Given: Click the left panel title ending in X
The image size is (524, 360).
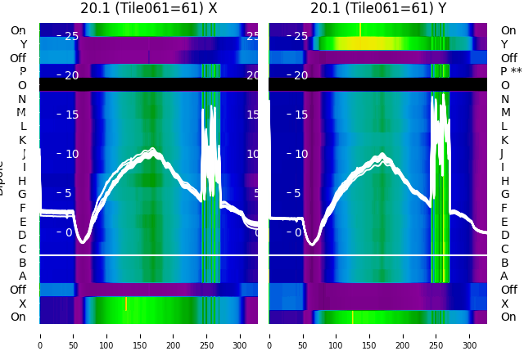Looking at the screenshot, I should click(148, 8).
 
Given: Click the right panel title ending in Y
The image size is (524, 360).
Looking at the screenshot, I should click(378, 8).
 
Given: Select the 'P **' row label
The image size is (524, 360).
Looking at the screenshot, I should click(511, 71).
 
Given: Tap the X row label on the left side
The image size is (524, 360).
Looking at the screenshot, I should click(23, 304).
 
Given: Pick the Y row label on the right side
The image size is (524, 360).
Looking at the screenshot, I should click(504, 44).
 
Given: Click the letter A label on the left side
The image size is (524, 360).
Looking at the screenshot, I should click(23, 276).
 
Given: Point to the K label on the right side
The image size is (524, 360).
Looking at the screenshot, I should click(504, 140).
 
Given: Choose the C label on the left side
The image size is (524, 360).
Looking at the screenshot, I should click(23, 249).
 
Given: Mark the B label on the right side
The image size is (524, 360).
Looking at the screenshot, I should click(504, 263).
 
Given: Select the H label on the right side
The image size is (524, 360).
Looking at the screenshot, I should click(504, 181).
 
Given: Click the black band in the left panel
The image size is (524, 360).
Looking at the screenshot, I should click(148, 84).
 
